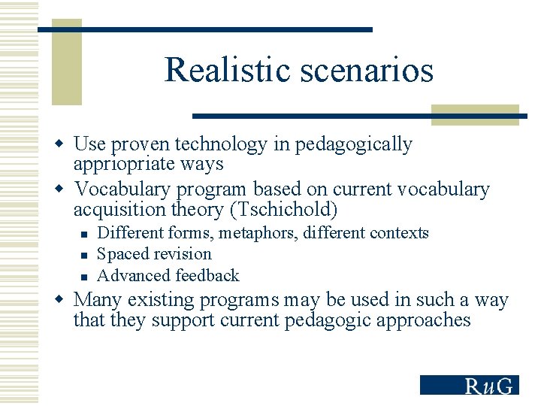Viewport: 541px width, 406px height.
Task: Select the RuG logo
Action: pos(470,384)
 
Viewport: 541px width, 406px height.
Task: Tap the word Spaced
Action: pos(122,254)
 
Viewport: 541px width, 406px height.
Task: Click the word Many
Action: pos(98,300)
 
